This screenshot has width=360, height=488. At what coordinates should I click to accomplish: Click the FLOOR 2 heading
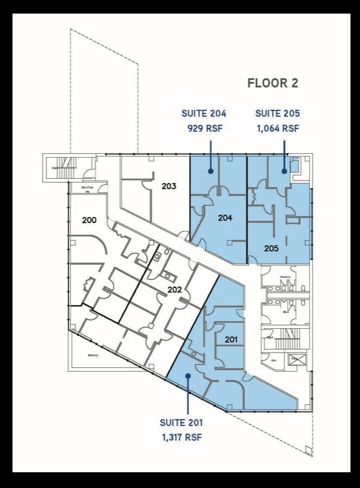click(273, 83)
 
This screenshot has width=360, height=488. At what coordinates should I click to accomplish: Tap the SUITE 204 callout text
click(204, 114)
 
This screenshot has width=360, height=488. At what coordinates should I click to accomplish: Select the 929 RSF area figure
click(204, 129)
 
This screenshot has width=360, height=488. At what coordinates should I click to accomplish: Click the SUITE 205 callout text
click(277, 114)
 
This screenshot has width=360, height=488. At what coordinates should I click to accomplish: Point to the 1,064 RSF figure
click(277, 129)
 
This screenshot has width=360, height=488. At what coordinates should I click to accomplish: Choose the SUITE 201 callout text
click(181, 422)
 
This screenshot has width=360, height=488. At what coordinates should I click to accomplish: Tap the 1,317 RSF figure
click(181, 437)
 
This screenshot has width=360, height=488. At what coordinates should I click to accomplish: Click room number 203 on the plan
click(169, 186)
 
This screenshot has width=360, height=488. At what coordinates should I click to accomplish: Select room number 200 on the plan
click(89, 220)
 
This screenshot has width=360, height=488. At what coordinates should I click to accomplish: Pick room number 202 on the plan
click(174, 290)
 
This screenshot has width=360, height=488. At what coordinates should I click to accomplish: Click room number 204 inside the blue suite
click(225, 218)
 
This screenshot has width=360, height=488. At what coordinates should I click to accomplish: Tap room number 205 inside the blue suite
click(271, 248)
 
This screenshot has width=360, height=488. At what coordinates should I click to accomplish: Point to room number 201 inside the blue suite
click(231, 340)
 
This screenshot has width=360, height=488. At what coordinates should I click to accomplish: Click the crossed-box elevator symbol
click(297, 360)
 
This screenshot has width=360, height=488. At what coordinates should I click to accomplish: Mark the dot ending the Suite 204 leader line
click(211, 171)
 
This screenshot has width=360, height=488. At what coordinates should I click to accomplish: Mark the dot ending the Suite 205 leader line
click(284, 171)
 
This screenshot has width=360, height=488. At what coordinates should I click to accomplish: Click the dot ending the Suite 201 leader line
click(188, 375)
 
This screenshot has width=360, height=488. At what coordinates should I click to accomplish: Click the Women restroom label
click(285, 277)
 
